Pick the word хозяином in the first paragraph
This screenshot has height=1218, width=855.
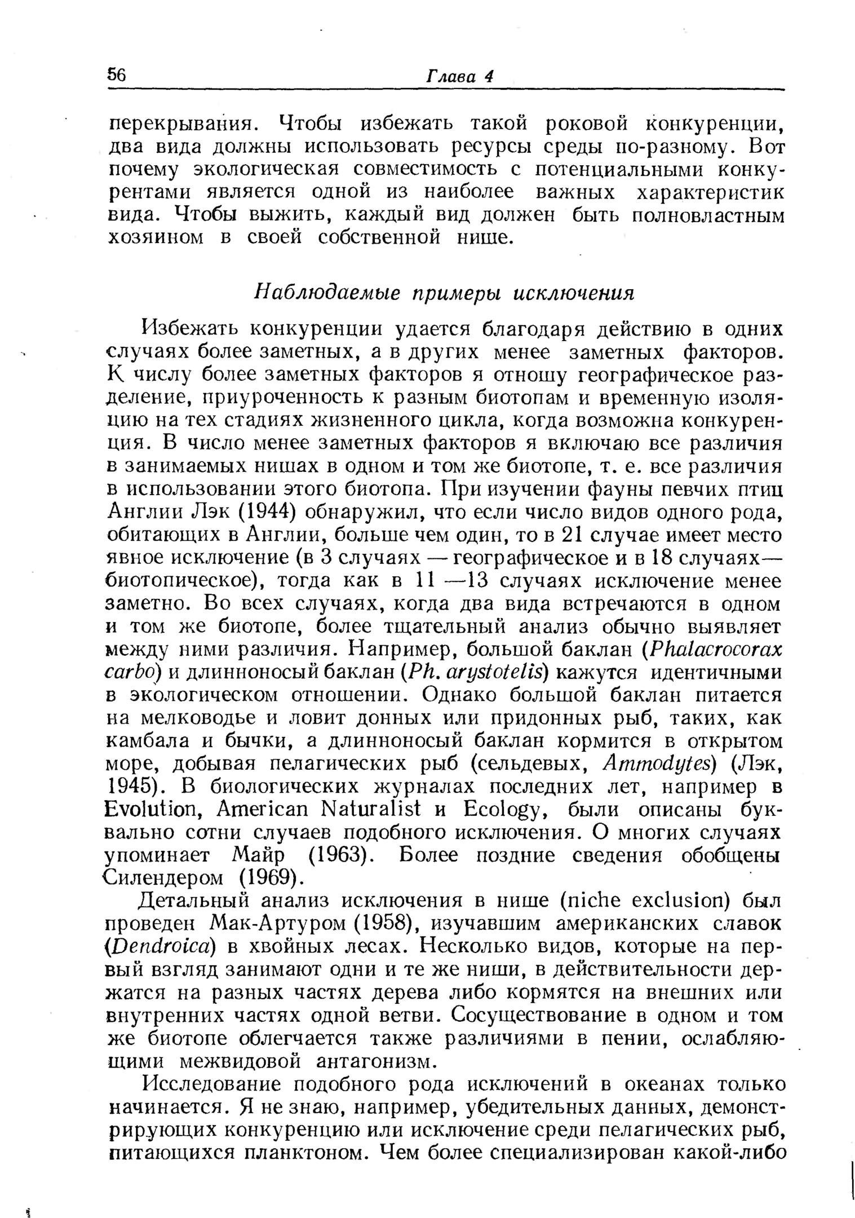156,237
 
